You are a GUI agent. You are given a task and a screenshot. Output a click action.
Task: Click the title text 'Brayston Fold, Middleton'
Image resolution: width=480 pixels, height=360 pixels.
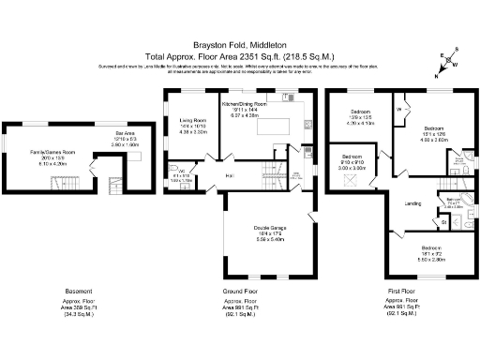point(240,44)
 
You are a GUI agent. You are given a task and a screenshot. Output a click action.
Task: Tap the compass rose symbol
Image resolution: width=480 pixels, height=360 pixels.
point(447,63)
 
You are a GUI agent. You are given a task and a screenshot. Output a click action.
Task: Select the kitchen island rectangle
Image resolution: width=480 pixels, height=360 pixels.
point(275,125)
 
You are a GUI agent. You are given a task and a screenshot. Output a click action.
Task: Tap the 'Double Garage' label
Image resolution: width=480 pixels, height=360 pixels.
point(269,227)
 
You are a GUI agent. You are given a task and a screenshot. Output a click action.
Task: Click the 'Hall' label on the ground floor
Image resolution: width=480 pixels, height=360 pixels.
point(228,176)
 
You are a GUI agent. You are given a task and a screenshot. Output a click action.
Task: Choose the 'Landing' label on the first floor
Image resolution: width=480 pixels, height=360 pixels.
point(412,203)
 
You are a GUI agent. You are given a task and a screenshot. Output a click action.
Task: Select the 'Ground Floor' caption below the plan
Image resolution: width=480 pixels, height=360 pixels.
point(242,291)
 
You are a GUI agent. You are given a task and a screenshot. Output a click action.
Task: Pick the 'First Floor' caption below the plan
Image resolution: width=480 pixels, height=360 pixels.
point(401,291)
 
